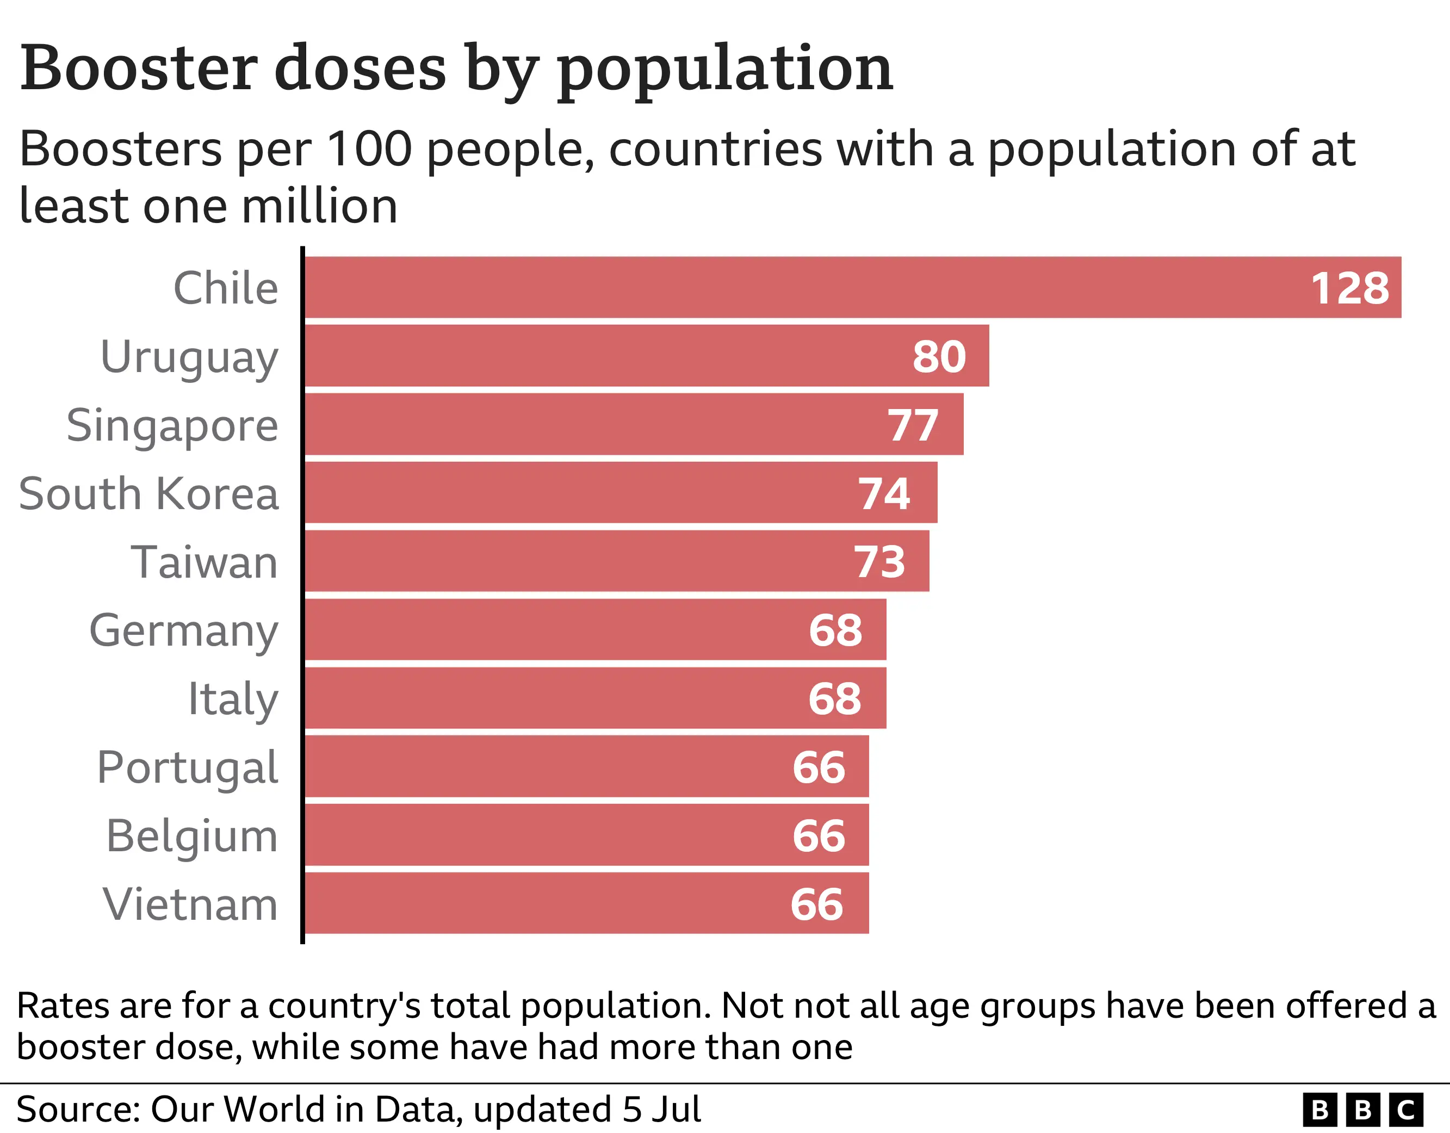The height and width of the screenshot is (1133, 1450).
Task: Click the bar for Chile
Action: pos(797,288)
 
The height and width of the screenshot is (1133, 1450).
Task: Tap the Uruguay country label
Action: pos(189,358)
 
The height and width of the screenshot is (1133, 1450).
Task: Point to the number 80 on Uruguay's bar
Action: pos(939,357)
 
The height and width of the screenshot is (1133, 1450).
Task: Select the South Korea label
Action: pos(148,493)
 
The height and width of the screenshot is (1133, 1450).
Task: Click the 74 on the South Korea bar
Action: pos(884,493)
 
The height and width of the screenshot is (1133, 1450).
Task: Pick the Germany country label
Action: pos(184,631)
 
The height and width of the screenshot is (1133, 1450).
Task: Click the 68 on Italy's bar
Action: pos(834,698)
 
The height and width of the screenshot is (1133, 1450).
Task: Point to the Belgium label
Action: pos(192,836)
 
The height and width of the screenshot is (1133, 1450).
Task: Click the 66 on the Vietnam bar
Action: pos(816,905)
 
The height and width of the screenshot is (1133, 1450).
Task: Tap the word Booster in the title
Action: pos(139,68)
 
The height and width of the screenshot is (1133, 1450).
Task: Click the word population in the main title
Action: pos(725,69)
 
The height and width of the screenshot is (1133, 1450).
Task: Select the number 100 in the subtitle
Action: pos(370,149)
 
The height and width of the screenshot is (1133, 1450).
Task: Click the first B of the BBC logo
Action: pos(1320,1110)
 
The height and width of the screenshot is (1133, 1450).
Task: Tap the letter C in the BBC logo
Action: pos(1405,1110)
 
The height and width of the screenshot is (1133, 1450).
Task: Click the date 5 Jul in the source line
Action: pos(661,1109)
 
